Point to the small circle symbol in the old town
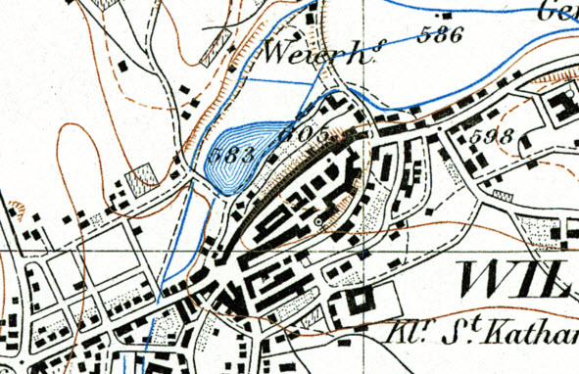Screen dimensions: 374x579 coord(318,223)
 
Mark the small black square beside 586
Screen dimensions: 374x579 coord(448,17)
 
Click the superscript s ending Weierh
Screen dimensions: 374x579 coord(374,51)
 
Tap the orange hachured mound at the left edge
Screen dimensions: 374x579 coord(17,209)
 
